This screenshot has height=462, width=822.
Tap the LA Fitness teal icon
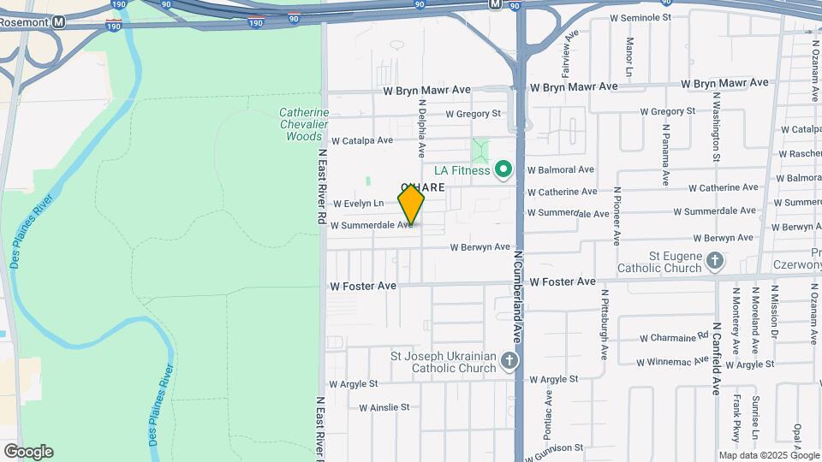point(504,170)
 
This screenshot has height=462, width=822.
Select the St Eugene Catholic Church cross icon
point(716,260)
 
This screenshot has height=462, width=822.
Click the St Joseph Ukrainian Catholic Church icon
point(509,360)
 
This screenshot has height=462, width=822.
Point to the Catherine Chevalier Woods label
point(304,124)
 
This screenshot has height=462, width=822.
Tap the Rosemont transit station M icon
point(58,23)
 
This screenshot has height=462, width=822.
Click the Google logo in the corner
point(28,452)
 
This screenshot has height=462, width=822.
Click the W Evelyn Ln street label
point(359,204)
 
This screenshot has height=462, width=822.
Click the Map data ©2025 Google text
point(767,455)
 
